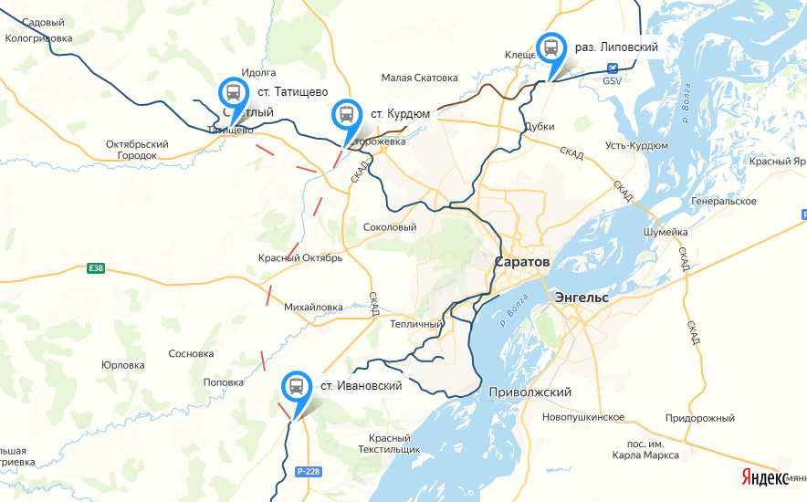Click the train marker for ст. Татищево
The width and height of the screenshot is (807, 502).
[233, 93]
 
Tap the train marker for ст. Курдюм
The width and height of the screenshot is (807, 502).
[346, 115]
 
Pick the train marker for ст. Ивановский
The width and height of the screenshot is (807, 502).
[296, 387]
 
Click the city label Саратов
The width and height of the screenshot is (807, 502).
[522, 262]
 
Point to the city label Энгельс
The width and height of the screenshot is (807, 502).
[582, 298]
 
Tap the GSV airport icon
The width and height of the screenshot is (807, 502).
[612, 68]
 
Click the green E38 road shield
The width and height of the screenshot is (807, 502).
[96, 268]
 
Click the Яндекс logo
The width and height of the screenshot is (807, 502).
[764, 477]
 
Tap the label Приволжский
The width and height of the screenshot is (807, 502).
[530, 392]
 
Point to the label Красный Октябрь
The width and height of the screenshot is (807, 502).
[299, 258]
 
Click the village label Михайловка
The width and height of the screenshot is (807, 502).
[313, 307]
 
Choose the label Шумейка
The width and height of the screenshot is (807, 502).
[665, 232]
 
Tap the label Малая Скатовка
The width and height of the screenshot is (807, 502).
[419, 78]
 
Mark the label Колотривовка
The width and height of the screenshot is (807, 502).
[38, 38]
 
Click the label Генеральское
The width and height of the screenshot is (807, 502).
[724, 201]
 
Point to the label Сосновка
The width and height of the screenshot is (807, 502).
[191, 353]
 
